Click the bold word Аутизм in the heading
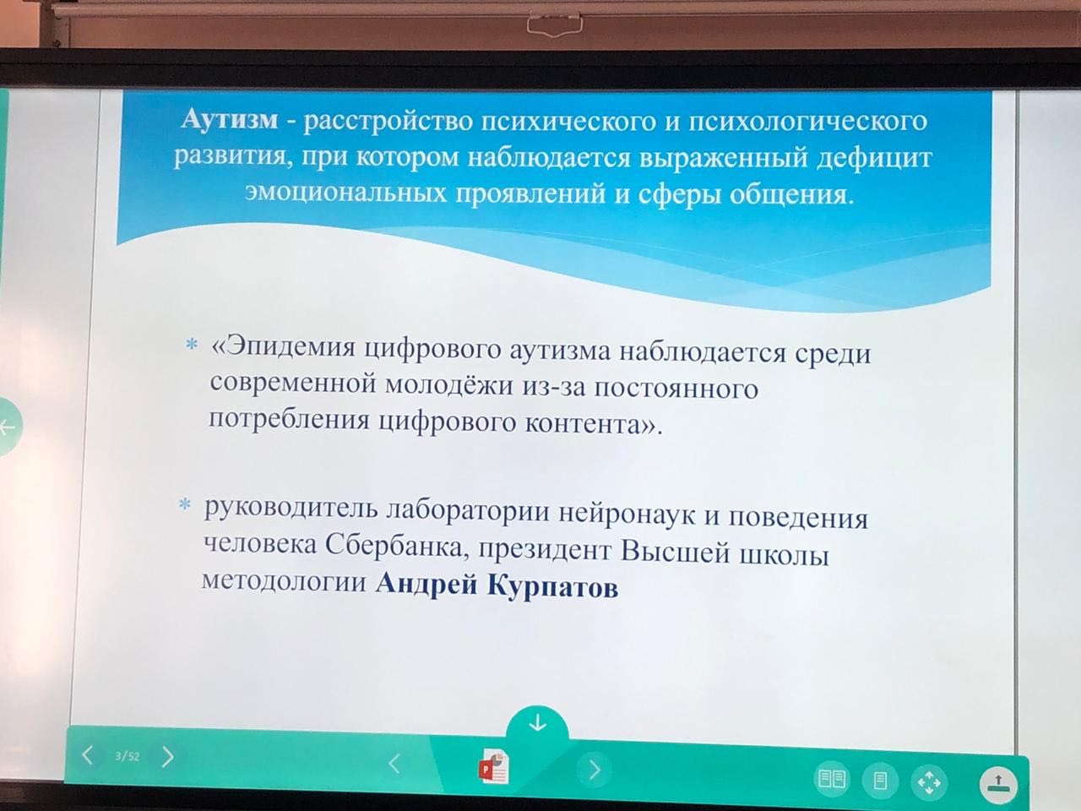tap(230, 121)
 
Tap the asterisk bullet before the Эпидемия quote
tap(191, 344)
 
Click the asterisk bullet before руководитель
tap(185, 505)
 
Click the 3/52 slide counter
tap(127, 756)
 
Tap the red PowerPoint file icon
tap(493, 767)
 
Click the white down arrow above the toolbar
tap(537, 723)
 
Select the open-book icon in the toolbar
tap(832, 779)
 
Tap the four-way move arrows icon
tap(929, 782)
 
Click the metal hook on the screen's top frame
tap(555, 24)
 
